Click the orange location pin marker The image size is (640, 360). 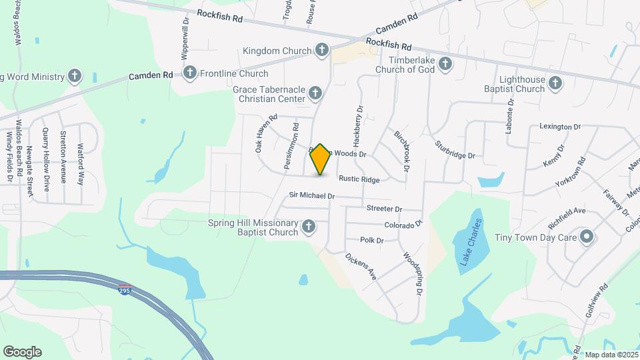click(321, 159)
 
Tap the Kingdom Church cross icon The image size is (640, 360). click(322, 50)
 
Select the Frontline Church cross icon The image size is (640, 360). click(190, 73)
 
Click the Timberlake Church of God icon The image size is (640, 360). click(445, 64)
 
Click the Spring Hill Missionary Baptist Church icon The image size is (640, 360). click(308, 227)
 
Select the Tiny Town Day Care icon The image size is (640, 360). click(587, 237)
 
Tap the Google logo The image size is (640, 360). click(22, 352)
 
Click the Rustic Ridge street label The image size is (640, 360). click(359, 179)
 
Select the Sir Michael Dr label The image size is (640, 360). click(311, 196)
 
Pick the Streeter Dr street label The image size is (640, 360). click(384, 209)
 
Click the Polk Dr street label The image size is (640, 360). click(371, 240)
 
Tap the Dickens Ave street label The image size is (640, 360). click(360, 265)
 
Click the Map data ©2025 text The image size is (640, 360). click(611, 355)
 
